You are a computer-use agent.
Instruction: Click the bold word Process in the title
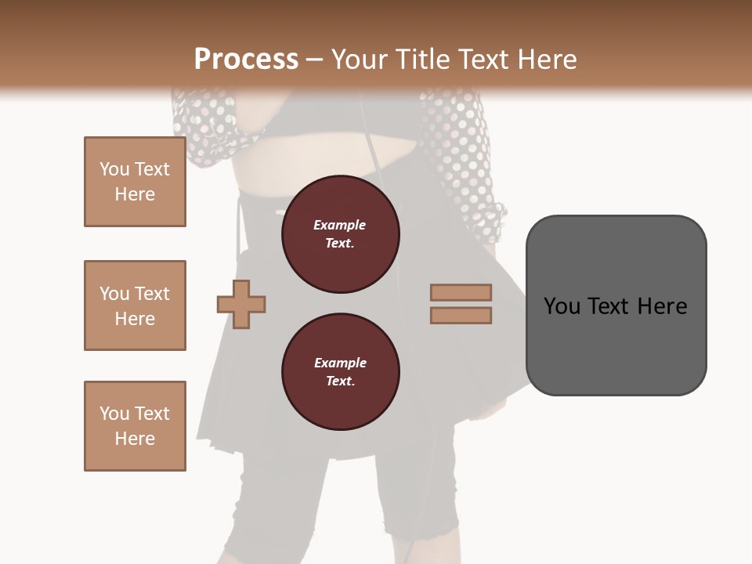click(x=246, y=60)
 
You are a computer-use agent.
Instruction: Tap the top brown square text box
click(x=135, y=182)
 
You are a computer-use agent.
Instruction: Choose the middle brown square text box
click(x=135, y=305)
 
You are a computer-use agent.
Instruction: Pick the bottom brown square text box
click(x=135, y=426)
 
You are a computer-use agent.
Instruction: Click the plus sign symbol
click(x=241, y=303)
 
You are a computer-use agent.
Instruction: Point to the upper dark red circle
click(x=340, y=234)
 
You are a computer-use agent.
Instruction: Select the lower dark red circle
click(x=340, y=372)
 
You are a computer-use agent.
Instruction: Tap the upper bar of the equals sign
click(x=461, y=292)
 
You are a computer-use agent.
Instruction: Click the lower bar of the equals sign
click(x=461, y=316)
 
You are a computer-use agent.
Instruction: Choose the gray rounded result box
click(x=616, y=305)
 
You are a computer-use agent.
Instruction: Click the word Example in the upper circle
click(x=340, y=225)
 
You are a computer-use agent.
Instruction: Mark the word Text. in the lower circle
click(x=340, y=381)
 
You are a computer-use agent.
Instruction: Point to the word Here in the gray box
click(x=662, y=306)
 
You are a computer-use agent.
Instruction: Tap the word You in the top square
click(x=114, y=169)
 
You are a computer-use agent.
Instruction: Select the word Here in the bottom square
click(x=135, y=439)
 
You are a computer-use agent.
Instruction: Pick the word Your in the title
click(x=360, y=60)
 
